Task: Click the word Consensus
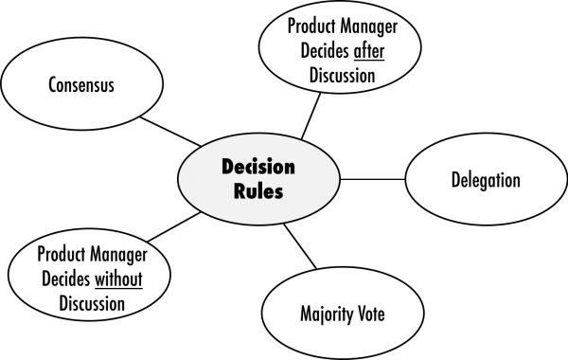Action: (81, 85)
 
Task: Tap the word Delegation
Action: (486, 180)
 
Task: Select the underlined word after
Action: (369, 51)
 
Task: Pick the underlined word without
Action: (118, 279)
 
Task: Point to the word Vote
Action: (371, 314)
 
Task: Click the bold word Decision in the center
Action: (258, 167)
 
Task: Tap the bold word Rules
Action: (258, 190)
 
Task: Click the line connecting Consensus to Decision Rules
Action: (170, 132)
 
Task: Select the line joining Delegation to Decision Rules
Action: (372, 179)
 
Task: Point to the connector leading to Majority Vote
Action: (300, 246)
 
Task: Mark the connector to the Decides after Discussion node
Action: (311, 116)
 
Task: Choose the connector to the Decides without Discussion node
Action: (174, 227)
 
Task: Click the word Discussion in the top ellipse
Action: (343, 76)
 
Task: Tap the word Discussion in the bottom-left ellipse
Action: (92, 303)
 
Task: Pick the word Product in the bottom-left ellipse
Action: (61, 254)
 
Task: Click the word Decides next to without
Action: (66, 279)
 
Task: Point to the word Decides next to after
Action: (326, 51)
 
